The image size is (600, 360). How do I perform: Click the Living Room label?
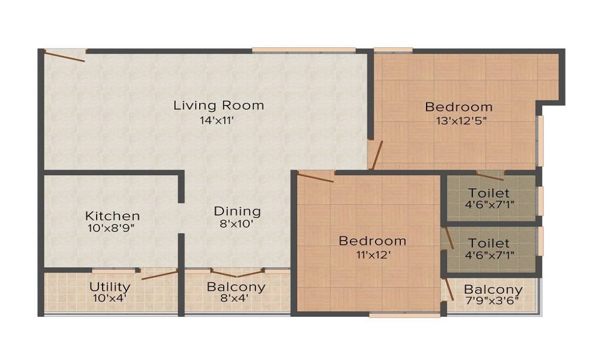tap(218, 106)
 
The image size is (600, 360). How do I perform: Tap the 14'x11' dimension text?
tap(218, 119)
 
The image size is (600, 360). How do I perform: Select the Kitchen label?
tap(112, 215)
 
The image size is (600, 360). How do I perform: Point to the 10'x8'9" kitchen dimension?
tap(112, 228)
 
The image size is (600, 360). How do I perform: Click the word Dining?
tap(238, 211)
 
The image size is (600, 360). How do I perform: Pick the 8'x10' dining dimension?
tap(238, 224)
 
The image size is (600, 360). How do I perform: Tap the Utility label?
tap(110, 286)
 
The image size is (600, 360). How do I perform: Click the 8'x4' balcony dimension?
tap(236, 298)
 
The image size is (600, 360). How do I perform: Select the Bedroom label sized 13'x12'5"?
tap(458, 107)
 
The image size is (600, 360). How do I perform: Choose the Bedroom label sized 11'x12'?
tap(372, 241)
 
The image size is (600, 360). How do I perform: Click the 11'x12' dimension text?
tap(372, 254)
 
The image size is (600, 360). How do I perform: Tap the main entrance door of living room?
tap(65, 56)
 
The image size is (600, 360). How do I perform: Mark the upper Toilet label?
tap(488, 193)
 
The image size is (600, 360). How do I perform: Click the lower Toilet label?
tap(488, 243)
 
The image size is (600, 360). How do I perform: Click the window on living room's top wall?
tap(304, 50)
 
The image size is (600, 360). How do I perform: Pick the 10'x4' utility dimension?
tap(110, 298)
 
